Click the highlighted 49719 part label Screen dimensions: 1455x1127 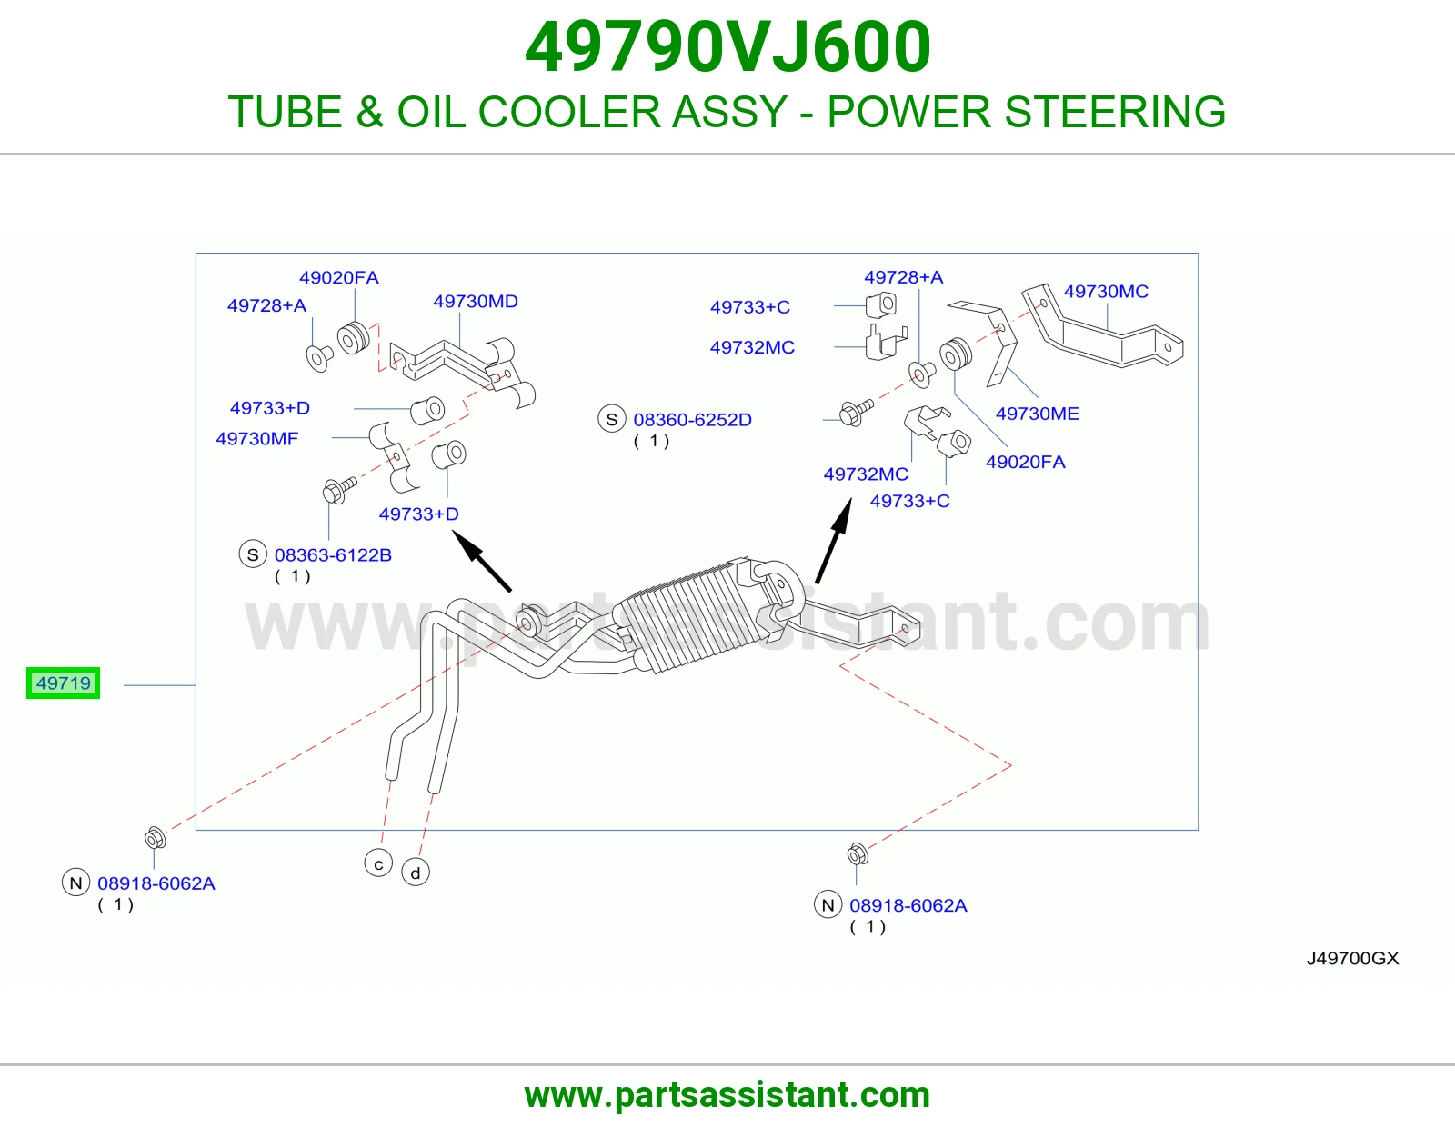[63, 683]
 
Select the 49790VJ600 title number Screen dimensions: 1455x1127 [727, 47]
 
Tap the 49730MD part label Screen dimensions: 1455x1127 [476, 301]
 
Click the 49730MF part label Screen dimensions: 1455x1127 [257, 438]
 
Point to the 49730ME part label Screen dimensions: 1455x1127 [1038, 414]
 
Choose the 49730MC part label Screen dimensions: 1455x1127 [1106, 291]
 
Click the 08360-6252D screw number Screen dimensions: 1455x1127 [692, 420]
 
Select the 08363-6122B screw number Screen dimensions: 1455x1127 [333, 554]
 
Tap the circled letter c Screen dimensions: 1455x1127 [378, 863]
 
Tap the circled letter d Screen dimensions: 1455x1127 [416, 873]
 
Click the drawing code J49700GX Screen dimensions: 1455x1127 [1352, 958]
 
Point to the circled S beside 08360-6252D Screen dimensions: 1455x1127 [611, 419]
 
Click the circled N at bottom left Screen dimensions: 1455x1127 [75, 883]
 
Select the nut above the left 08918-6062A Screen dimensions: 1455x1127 [156, 837]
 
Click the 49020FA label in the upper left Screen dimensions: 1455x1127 [339, 278]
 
